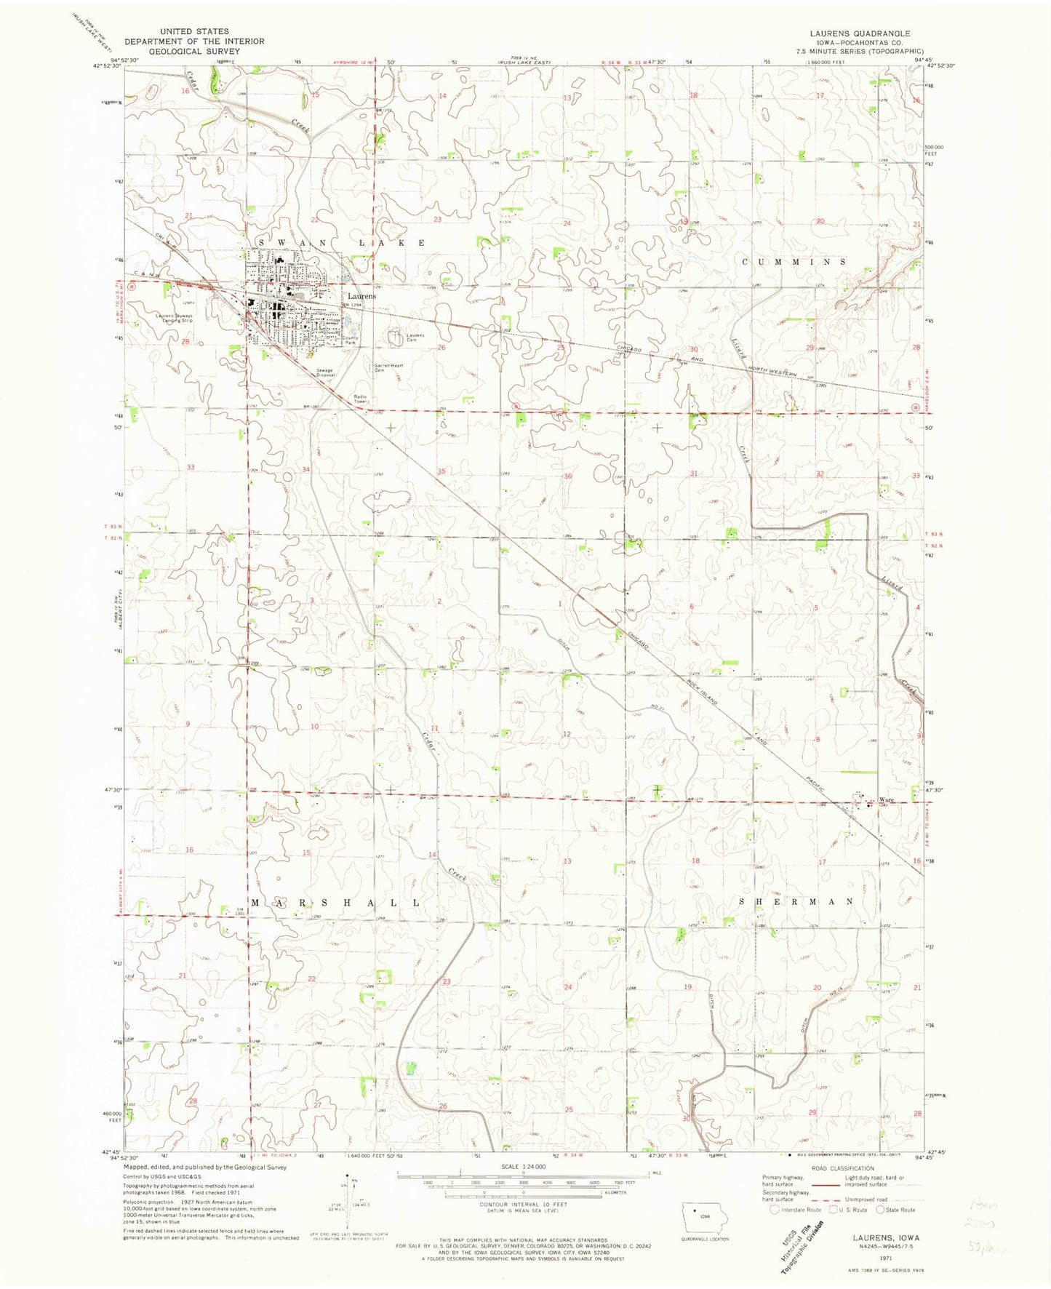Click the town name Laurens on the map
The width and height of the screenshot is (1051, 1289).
tap(361, 297)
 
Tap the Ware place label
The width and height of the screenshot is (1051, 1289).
tap(885, 800)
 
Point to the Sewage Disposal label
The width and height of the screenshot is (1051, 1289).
tap(324, 373)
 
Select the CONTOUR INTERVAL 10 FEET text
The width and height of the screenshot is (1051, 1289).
tap(522, 1204)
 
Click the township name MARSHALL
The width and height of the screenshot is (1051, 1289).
tap(336, 903)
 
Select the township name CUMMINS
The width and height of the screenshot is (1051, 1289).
tap(794, 261)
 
